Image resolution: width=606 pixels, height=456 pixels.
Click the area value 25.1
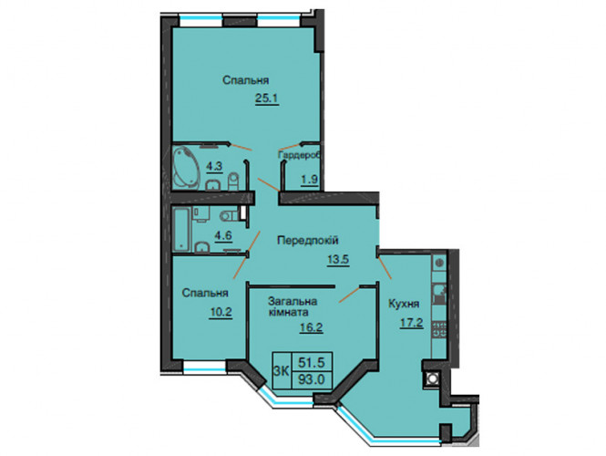pos(267,99)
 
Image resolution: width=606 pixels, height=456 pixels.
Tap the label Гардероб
pos(299,155)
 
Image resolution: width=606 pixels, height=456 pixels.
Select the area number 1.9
pos(309,180)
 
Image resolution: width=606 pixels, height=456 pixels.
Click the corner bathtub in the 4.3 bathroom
pos(186,167)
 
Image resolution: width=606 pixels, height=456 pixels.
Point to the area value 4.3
pos(214,167)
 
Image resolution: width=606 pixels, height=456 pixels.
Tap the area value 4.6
pos(224,235)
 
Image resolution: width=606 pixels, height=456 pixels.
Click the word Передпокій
pos(308,240)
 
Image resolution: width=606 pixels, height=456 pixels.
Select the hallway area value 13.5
pos(338,260)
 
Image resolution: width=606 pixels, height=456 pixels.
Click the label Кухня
pos(404,304)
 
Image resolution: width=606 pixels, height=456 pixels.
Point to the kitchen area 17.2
pos(411,322)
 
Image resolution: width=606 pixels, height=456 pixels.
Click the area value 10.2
pos(221,312)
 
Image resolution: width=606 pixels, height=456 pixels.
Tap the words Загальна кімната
pos(293,306)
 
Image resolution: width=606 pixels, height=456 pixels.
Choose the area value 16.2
pos(311,328)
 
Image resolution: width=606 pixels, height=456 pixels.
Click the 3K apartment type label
pos(282,371)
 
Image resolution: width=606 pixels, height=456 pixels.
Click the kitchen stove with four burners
pos(439,328)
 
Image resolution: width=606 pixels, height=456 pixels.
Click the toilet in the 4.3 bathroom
pos(234,181)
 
